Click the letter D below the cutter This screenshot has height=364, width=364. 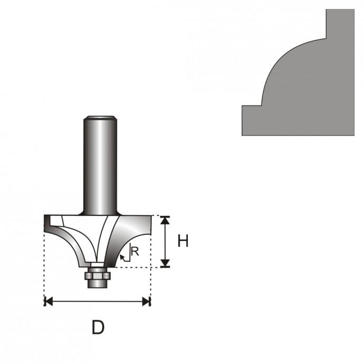coord(98,327)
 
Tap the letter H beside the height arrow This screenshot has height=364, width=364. coord(183,241)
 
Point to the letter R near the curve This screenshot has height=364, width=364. coord(135,252)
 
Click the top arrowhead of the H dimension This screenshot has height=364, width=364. coord(166,220)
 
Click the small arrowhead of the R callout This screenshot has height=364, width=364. coord(123,257)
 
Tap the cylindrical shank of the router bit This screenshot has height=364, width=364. coord(99,164)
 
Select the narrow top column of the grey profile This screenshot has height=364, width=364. coord(340,24)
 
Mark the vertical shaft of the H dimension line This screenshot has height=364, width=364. coord(166,241)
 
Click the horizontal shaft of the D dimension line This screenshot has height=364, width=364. coord(98,302)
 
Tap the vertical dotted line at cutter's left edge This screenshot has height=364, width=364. coord(44,264)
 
